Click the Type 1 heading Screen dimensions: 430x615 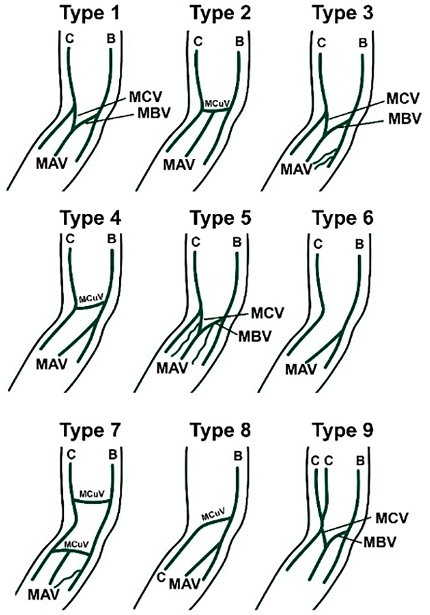click(x=91, y=13)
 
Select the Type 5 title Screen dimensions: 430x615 click(x=221, y=218)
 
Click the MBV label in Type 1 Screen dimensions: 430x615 click(x=154, y=113)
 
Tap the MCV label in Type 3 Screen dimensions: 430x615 click(x=403, y=98)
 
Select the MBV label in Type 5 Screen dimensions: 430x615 click(x=255, y=336)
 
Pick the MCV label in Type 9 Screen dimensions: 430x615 click(x=392, y=518)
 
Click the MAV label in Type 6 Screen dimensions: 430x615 click(x=301, y=369)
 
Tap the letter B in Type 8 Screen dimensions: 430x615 click(x=238, y=456)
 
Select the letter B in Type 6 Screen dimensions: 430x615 click(x=359, y=244)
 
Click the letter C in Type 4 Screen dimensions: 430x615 click(x=70, y=239)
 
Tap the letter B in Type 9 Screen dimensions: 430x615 click(x=360, y=461)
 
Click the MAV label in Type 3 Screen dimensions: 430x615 click(x=296, y=170)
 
